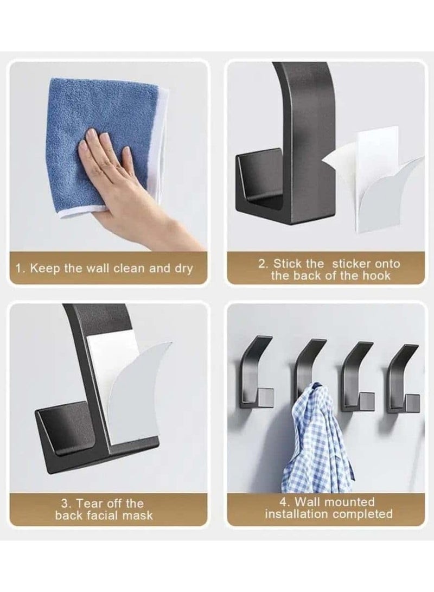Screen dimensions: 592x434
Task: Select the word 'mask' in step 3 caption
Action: (x=138, y=515)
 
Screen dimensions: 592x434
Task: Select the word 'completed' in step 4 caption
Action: (x=363, y=514)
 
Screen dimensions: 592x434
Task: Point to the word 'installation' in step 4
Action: (x=296, y=514)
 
